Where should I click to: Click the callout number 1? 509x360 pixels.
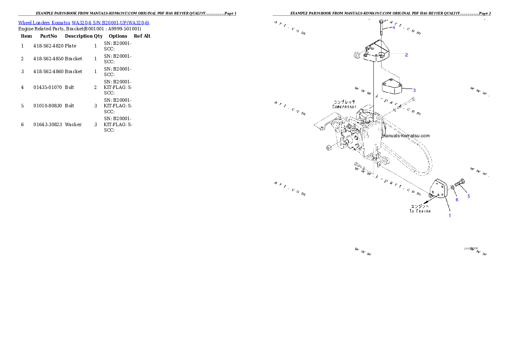(x=450, y=215)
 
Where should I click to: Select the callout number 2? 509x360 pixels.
(x=406, y=55)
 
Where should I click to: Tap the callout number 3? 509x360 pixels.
(x=414, y=90)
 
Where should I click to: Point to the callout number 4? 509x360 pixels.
(x=394, y=27)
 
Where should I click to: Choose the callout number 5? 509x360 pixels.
(x=468, y=196)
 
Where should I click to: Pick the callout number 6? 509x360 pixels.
(x=457, y=200)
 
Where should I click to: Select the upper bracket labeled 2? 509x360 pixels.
(x=376, y=52)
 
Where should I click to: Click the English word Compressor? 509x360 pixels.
(x=344, y=107)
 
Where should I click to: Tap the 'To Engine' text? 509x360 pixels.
(x=420, y=211)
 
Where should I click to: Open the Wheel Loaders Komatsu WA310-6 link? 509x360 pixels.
(x=83, y=22)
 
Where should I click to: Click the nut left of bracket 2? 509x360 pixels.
(x=357, y=55)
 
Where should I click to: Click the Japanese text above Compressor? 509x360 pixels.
(x=344, y=102)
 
